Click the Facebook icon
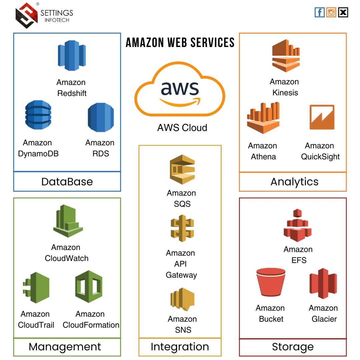[319, 13]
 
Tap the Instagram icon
[331, 13]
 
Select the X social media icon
[343, 13]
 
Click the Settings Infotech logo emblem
[26, 15]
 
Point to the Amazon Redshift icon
[71, 56]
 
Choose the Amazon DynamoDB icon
[38, 115]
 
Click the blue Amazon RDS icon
[100, 117]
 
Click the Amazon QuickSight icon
[321, 117]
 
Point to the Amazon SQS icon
[182, 169]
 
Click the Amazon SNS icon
[182, 299]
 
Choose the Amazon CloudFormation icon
[89, 286]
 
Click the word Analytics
[294, 182]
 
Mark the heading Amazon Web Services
[180, 43]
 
